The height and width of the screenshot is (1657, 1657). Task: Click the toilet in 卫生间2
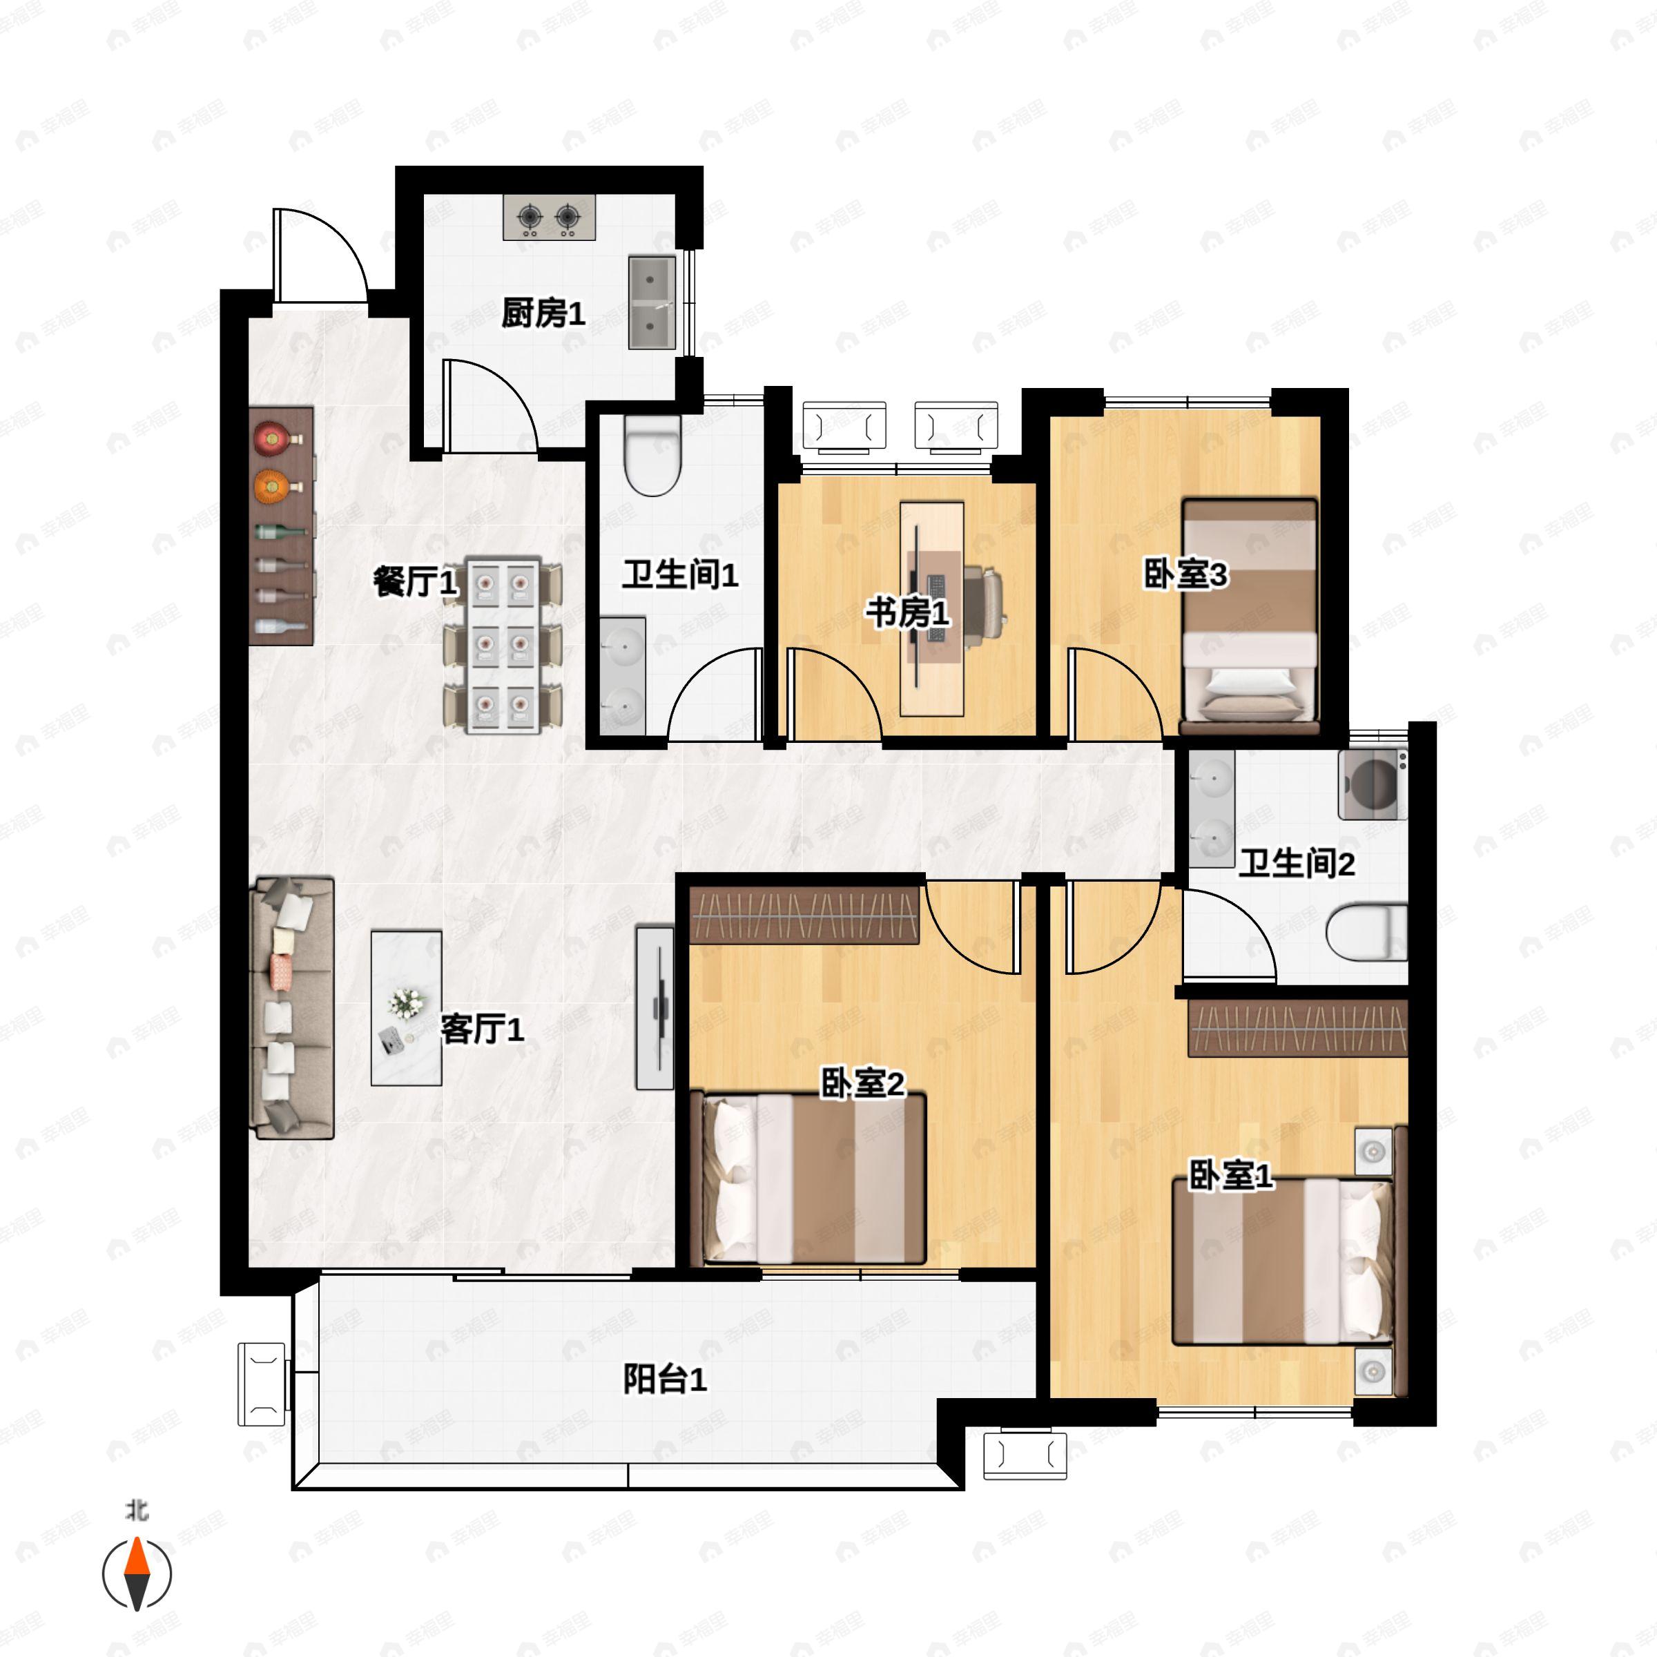(x=1366, y=932)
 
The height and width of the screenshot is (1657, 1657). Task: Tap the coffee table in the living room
(x=407, y=1009)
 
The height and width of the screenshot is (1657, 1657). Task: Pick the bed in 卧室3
(x=1250, y=616)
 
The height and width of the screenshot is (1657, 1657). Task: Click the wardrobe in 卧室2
(x=804, y=914)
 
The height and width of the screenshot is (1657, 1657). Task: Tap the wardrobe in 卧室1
(x=1298, y=1027)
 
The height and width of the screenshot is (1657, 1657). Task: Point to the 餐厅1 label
(x=415, y=582)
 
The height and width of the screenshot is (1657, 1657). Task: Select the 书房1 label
(x=907, y=613)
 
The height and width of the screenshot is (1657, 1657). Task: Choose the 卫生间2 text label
(x=1296, y=864)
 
